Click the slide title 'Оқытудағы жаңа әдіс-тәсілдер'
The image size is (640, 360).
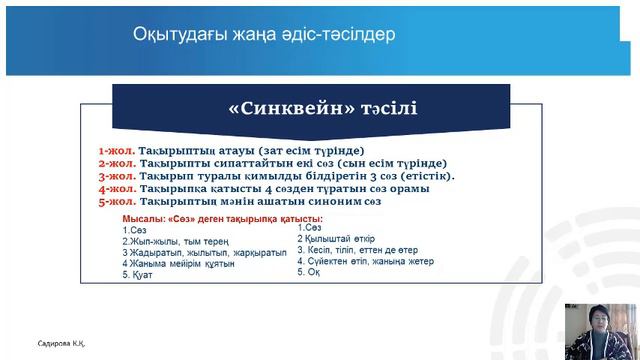[x=264, y=35]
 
